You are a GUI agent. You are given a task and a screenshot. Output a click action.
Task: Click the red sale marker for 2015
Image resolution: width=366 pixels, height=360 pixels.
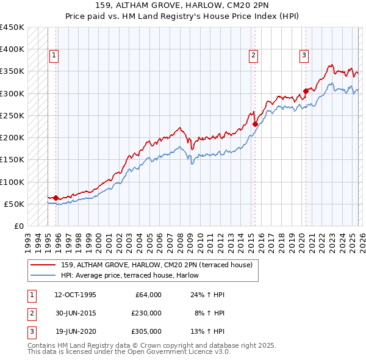[255, 124]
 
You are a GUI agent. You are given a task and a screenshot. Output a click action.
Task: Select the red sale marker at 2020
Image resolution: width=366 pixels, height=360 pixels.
[306, 92]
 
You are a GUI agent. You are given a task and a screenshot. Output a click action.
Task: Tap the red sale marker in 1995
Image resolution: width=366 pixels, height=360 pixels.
[56, 198]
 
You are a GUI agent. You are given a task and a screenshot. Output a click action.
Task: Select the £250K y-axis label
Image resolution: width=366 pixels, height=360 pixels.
[12, 115]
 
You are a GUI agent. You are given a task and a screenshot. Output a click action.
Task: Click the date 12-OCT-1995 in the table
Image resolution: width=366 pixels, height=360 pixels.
[75, 294]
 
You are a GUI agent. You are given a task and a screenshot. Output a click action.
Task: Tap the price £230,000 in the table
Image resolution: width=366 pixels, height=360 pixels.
[146, 313]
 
